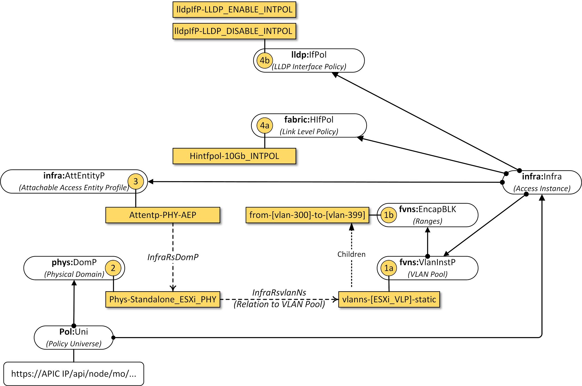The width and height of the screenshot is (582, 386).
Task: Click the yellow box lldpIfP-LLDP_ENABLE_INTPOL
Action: click(x=234, y=10)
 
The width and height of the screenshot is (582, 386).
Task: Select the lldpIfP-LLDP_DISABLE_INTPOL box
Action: click(x=234, y=31)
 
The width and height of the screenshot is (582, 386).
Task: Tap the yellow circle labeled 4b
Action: click(x=265, y=60)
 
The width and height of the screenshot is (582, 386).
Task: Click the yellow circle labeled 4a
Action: click(x=265, y=125)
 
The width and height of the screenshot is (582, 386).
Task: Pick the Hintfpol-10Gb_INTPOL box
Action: click(x=234, y=156)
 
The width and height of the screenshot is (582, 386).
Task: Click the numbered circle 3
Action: click(x=136, y=181)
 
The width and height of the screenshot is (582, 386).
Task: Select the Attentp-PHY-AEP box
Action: click(x=163, y=215)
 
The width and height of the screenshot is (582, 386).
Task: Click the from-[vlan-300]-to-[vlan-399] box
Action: click(x=307, y=215)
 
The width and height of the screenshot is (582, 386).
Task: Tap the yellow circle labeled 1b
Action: click(x=388, y=215)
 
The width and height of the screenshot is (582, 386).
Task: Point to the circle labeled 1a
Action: click(x=388, y=268)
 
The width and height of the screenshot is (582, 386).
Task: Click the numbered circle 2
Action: click(x=113, y=268)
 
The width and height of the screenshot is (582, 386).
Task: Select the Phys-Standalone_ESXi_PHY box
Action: click(x=163, y=299)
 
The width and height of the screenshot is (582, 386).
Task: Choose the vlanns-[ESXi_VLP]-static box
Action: click(x=389, y=299)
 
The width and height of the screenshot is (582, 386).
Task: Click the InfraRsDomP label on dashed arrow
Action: click(x=173, y=257)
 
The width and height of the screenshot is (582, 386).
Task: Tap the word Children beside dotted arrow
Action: click(x=351, y=254)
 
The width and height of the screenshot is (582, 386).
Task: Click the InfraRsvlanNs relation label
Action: click(x=279, y=293)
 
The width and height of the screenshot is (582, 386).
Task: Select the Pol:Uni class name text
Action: click(x=74, y=332)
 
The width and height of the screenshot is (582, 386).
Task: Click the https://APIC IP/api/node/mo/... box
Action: click(x=74, y=373)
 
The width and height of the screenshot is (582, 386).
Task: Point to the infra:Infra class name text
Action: click(x=542, y=177)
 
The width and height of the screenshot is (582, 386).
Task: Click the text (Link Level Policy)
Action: click(x=309, y=132)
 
